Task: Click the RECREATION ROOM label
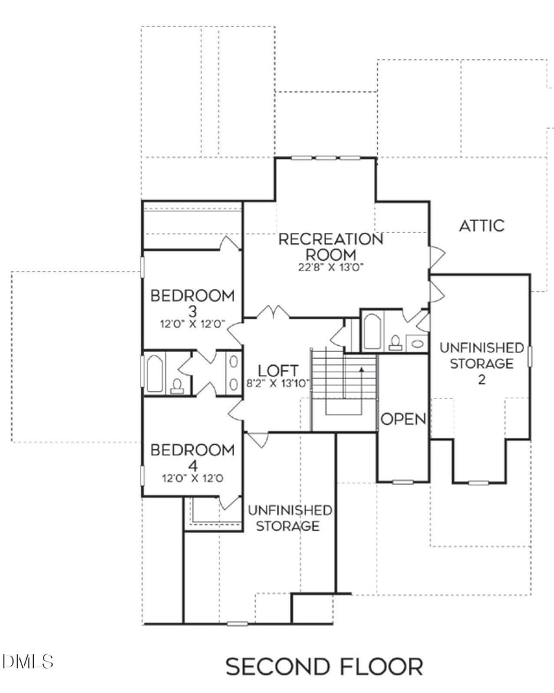tap(330, 247)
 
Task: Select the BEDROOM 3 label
tap(193, 303)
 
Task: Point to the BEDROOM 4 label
tap(193, 457)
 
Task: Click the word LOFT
tap(278, 369)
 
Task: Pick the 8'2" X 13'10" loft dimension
tap(278, 383)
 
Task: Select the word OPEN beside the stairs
tap(403, 419)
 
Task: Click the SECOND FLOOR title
tap(324, 667)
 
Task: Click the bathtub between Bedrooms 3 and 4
tap(154, 374)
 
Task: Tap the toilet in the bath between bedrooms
tap(177, 385)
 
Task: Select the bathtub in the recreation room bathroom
tap(372, 331)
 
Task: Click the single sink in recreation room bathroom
tap(417, 342)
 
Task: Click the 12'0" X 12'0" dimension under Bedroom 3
tap(193, 324)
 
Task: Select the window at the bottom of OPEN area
tap(402, 481)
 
